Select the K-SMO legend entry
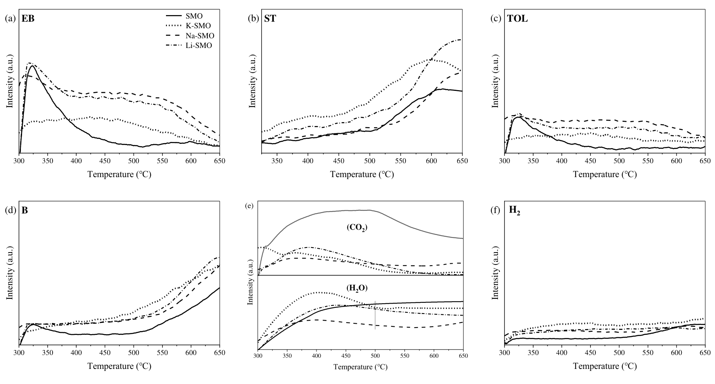[198, 26]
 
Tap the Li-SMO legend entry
[199, 45]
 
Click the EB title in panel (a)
[28, 19]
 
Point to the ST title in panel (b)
[270, 19]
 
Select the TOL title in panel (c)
[517, 19]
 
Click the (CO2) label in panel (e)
[357, 227]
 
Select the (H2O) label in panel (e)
[357, 288]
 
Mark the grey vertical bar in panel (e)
[375, 315]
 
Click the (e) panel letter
[250, 205]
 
